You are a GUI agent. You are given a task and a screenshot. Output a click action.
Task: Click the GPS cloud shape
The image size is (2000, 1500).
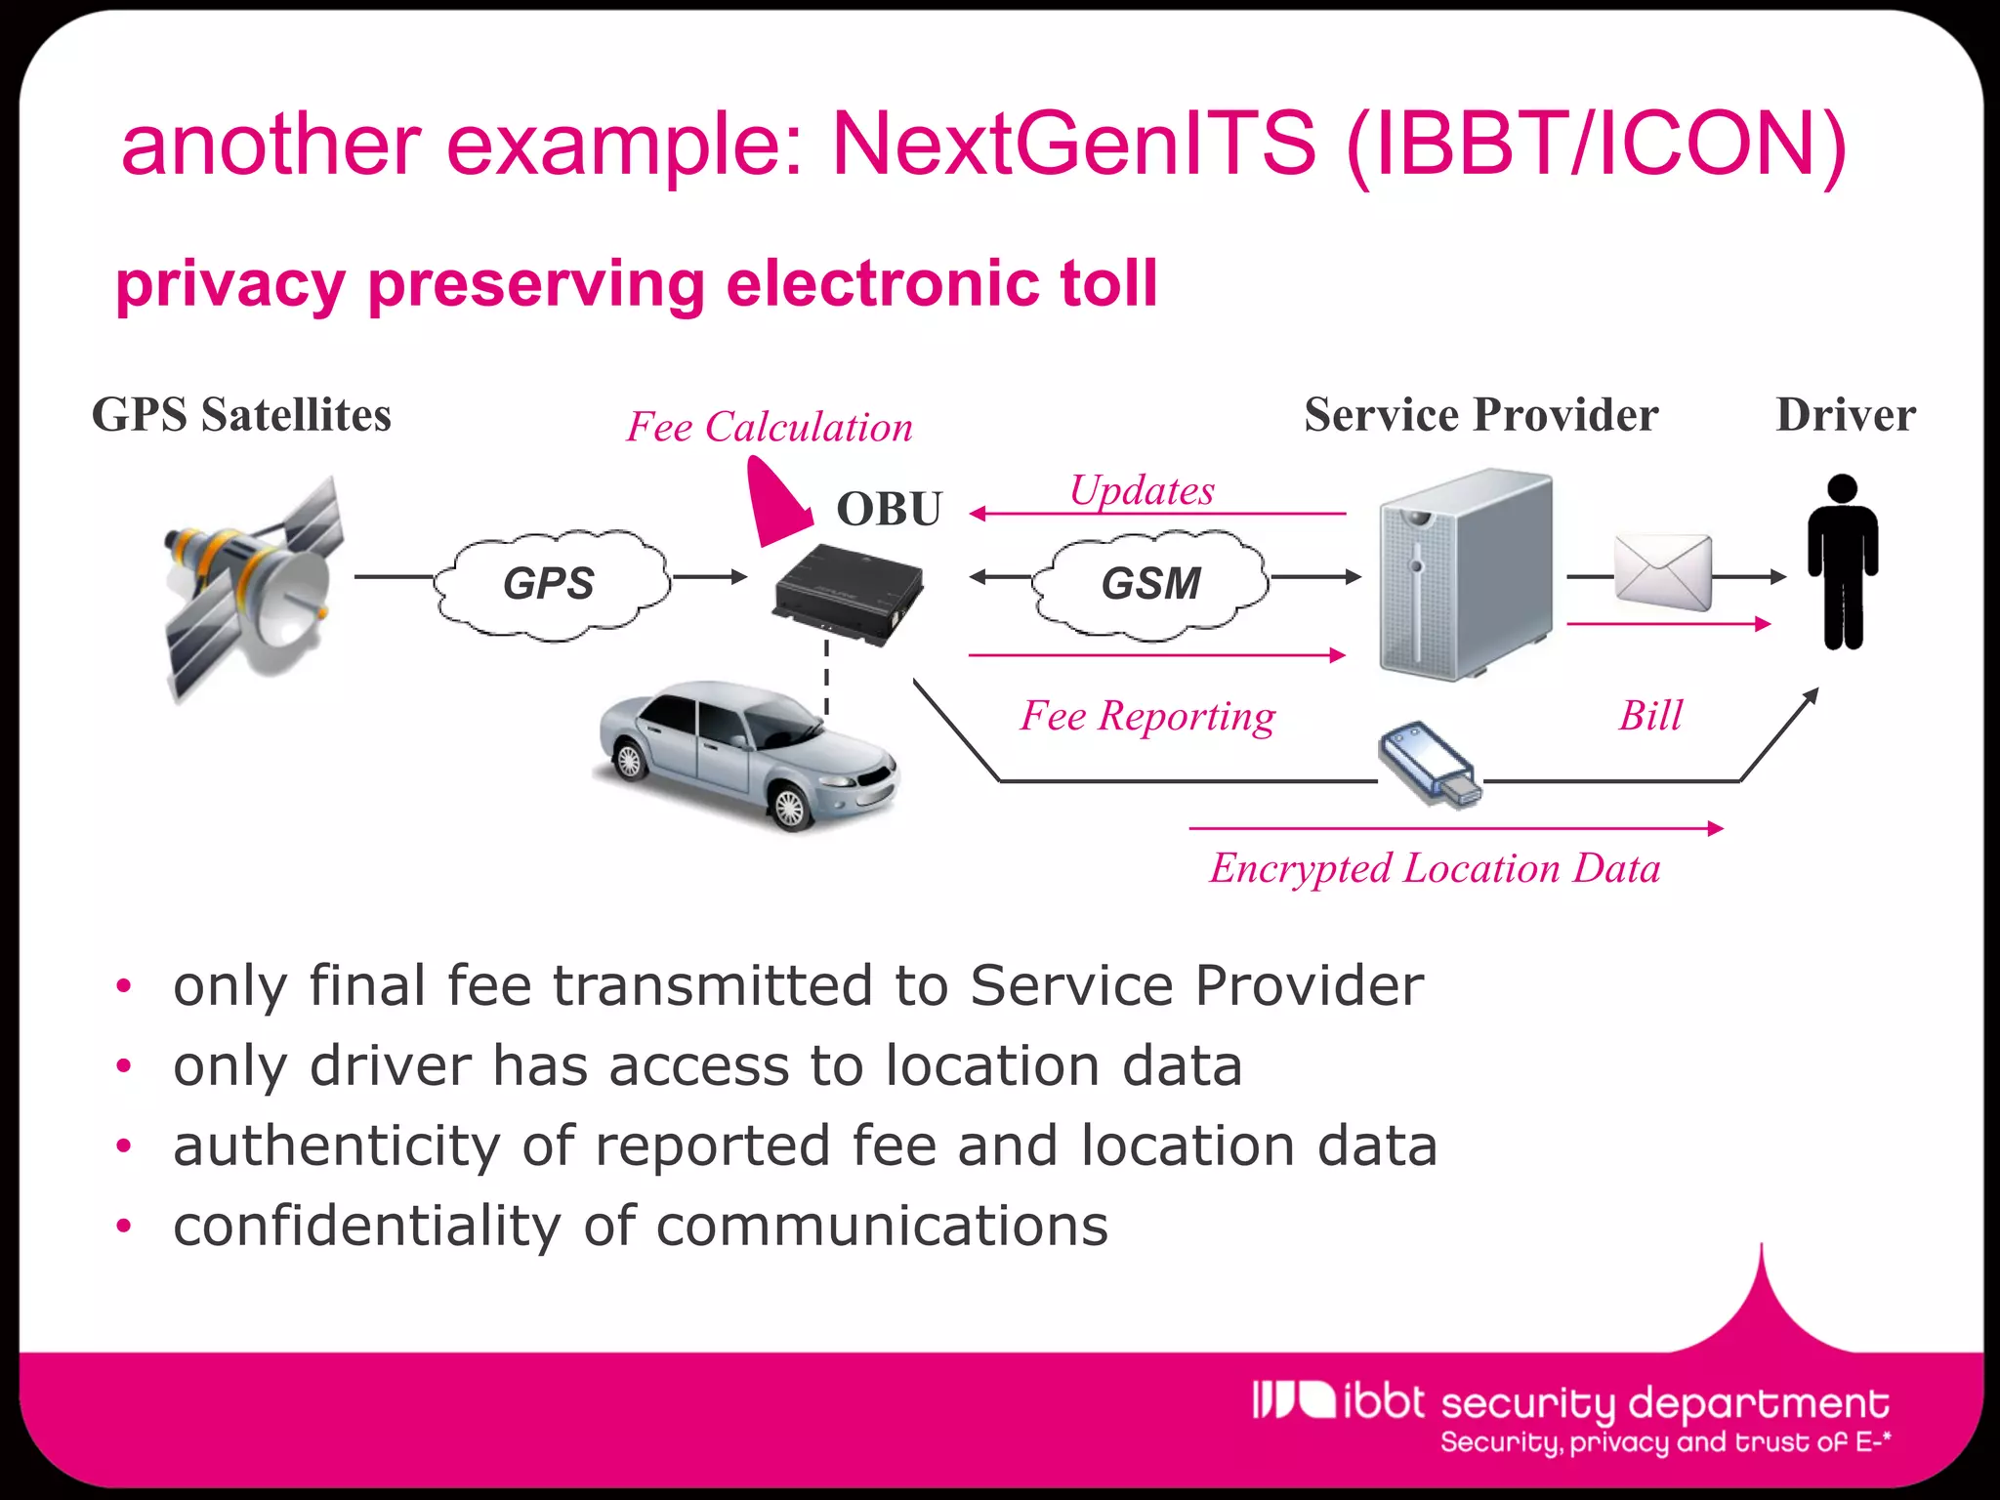pos(550,584)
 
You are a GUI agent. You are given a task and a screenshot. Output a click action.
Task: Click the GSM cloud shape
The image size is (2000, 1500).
pos(1150,584)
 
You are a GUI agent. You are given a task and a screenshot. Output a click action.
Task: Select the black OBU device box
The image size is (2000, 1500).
pos(848,592)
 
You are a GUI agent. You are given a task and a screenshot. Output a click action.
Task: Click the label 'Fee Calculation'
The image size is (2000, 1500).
pos(770,428)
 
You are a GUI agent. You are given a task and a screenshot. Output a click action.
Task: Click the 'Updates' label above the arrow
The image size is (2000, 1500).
pos(1142,490)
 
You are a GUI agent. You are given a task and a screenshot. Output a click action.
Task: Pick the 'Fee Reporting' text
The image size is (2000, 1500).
pos(1147,716)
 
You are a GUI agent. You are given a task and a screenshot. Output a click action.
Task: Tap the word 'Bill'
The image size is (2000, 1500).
pos(1650,716)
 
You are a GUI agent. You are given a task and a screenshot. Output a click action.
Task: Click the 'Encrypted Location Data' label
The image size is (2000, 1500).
pos(1435,868)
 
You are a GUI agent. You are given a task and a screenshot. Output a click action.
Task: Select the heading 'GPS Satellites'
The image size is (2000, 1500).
pos(241,415)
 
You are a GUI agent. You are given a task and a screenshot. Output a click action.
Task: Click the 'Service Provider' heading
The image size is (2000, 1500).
pos(1480,415)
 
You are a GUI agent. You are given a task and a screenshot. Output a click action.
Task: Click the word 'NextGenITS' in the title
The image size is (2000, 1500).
pos(1073,144)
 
